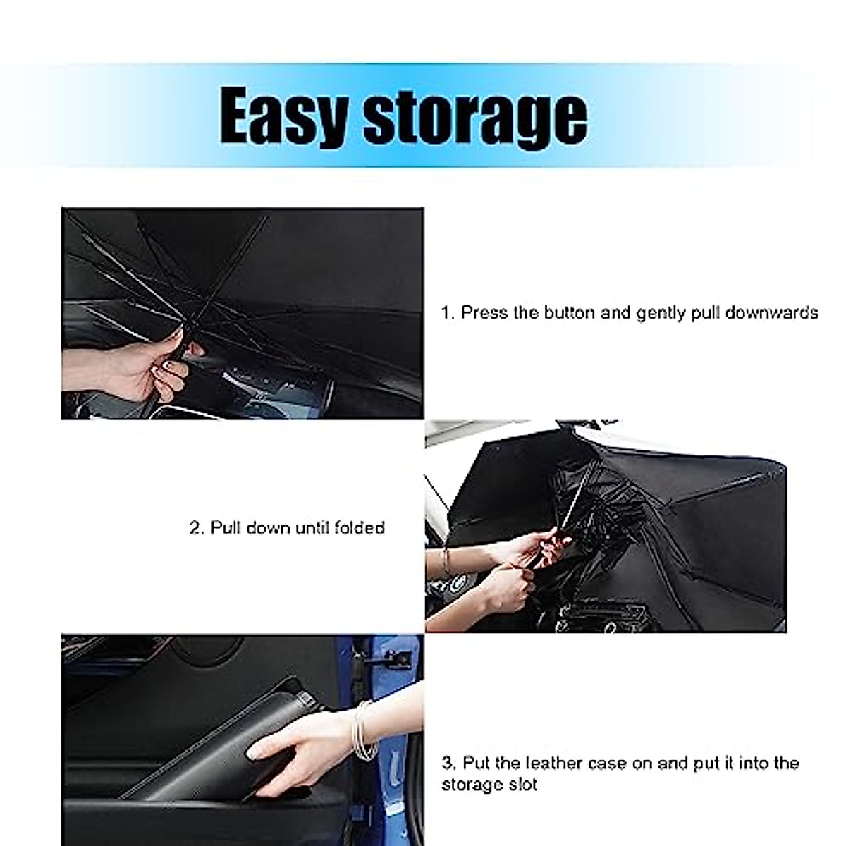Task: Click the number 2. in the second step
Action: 197,527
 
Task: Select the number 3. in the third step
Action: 448,763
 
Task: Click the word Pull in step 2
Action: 227,527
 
